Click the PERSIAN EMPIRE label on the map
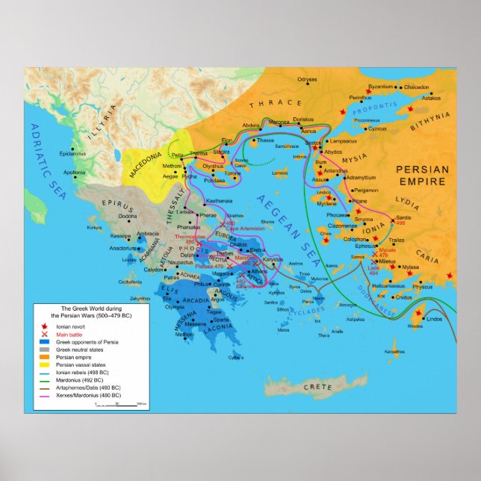[422, 175]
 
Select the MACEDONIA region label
[146, 161]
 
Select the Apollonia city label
[74, 173]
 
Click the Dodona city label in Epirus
[118, 216]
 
